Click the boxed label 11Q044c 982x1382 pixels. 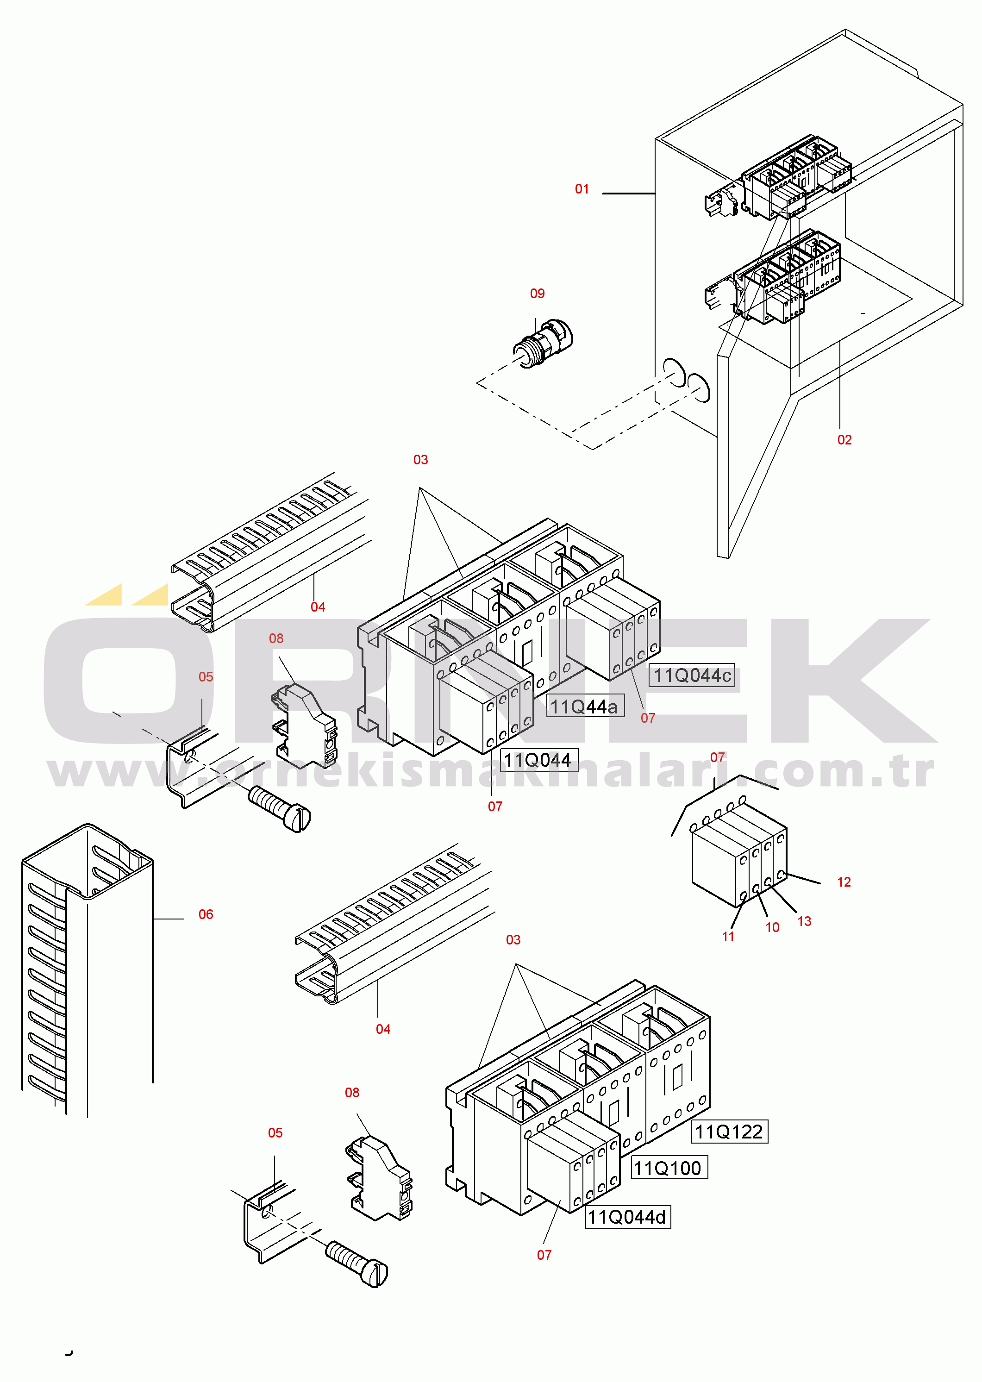point(692,675)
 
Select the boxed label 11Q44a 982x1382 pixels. point(585,706)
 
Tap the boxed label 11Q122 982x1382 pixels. point(729,1132)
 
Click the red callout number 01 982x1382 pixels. point(582,189)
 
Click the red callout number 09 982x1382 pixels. point(537,294)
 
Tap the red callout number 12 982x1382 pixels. point(844,882)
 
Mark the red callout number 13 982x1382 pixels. point(804,922)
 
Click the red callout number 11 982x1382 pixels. point(728,937)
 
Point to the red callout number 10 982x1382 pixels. point(772,928)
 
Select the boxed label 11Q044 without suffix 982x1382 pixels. point(539,760)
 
